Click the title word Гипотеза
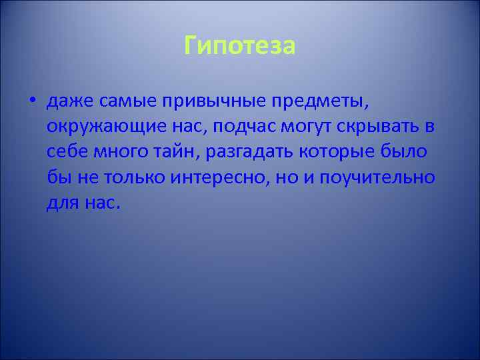coord(239,47)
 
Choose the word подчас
coord(244,127)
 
